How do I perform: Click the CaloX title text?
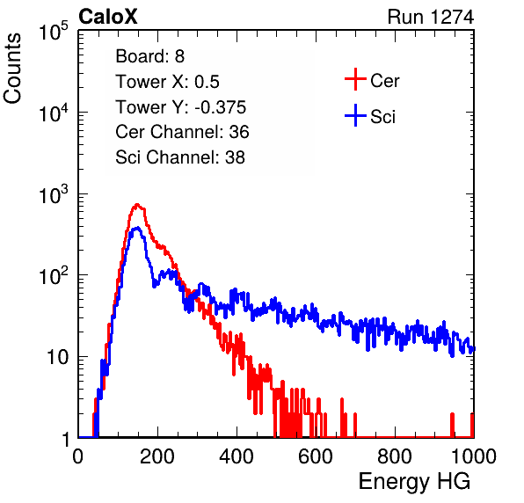click(108, 17)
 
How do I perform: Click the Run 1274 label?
click(431, 17)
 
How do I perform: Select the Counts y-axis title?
click(12, 69)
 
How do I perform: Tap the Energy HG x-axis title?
click(414, 482)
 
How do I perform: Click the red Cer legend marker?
click(355, 79)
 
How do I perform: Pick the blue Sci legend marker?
click(355, 116)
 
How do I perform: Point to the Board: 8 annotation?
click(149, 56)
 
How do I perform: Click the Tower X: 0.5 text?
click(167, 82)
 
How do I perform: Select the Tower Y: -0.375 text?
click(181, 107)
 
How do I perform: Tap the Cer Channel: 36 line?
click(182, 132)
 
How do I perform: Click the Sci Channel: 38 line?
click(180, 157)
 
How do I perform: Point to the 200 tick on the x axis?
click(157, 456)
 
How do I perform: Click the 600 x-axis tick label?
click(316, 456)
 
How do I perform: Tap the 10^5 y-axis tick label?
click(54, 32)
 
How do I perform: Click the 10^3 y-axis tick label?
click(54, 195)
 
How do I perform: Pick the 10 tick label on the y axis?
click(58, 358)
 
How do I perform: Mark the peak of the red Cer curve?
click(136, 204)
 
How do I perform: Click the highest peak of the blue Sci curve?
click(136, 228)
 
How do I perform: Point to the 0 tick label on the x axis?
click(78, 456)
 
